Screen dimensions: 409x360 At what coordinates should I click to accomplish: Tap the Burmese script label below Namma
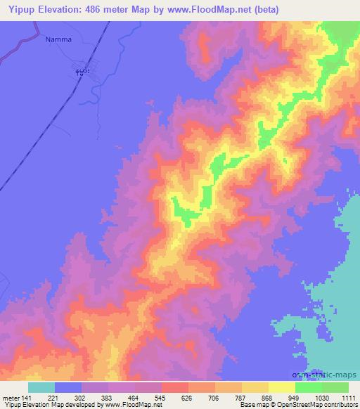(82, 72)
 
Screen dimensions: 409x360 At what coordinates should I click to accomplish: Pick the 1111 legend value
(347, 397)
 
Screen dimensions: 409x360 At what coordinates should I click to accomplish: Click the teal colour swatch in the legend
(41, 387)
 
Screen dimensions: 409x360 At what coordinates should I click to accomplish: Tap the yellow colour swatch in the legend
(281, 387)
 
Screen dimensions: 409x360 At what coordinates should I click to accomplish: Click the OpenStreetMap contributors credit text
(322, 405)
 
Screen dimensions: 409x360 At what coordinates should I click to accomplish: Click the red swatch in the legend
(175, 387)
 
